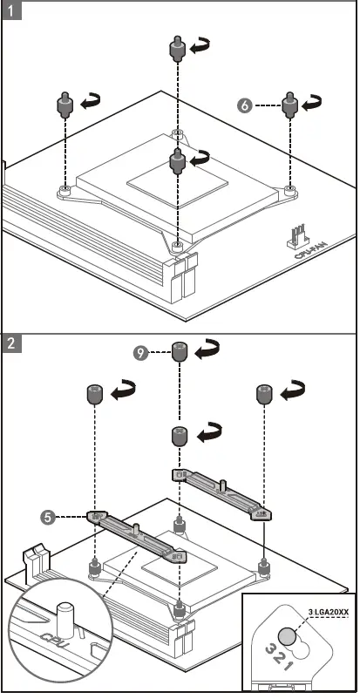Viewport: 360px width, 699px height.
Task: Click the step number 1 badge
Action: (11, 10)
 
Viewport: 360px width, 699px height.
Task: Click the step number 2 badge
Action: (11, 343)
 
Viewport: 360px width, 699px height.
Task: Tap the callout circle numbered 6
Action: (245, 105)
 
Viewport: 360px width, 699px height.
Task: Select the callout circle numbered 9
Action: (140, 354)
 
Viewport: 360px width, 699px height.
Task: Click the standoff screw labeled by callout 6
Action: (289, 105)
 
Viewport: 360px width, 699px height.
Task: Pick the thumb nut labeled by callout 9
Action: (180, 352)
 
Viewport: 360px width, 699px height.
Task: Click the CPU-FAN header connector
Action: (295, 236)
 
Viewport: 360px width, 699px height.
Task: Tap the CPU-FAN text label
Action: (310, 250)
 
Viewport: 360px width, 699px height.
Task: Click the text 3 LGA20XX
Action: (328, 612)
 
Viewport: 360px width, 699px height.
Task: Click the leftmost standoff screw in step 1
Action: (65, 105)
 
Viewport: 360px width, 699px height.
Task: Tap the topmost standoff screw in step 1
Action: (177, 48)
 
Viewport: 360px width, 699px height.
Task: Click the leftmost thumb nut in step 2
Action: (94, 396)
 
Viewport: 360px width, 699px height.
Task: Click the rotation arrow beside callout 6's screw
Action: (311, 104)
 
